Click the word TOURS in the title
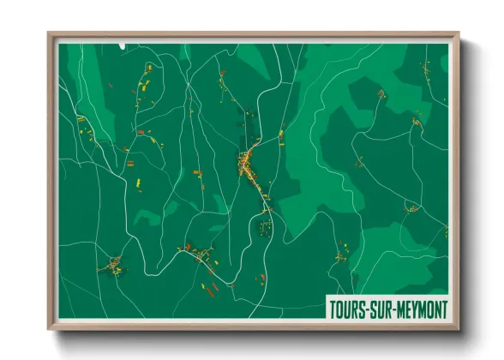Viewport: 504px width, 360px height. coord(347,308)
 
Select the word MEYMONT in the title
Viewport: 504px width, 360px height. coord(422,308)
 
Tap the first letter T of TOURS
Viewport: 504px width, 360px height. coord(333,308)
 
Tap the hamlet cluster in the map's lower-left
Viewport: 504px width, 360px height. coord(111,266)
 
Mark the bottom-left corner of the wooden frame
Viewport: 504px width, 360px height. coord(49,328)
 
